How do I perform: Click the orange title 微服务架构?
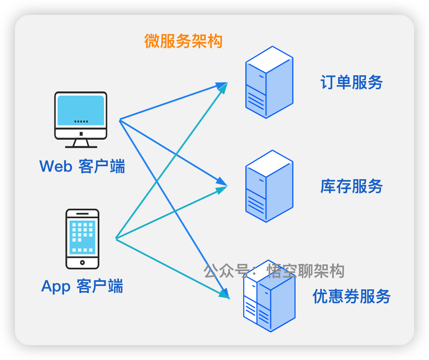[x=183, y=41]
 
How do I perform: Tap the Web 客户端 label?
[x=82, y=166]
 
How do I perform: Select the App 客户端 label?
[x=82, y=286]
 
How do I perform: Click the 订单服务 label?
[x=351, y=82]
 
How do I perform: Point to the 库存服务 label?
[x=351, y=186]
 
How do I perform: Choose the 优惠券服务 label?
[x=351, y=296]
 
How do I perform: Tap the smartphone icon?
[x=82, y=239]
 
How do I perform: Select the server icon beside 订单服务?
[x=269, y=82]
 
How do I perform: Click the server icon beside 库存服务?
[x=269, y=186]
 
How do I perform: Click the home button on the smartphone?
[x=82, y=262]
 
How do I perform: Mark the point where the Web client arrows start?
[x=120, y=120]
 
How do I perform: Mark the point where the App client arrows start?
[x=116, y=238]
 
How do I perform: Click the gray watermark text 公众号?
[x=225, y=271]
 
